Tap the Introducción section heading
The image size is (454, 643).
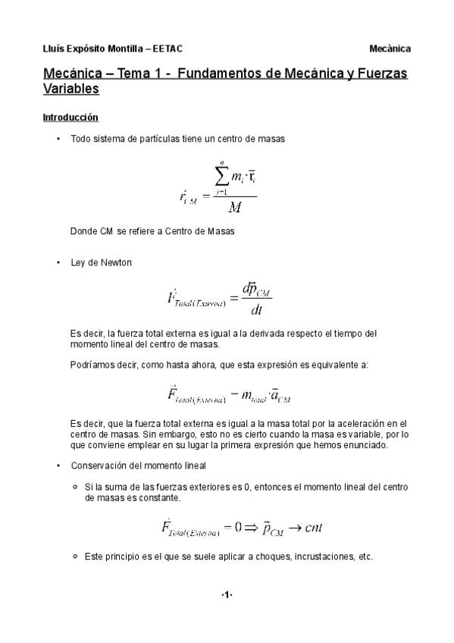point(70,118)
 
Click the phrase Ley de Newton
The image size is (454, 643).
point(101,262)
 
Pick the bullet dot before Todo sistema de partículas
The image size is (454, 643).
point(58,139)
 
